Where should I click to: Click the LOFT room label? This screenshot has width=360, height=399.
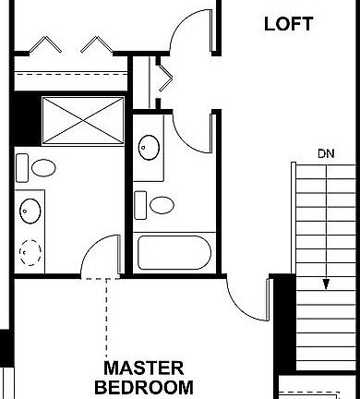pos(287,24)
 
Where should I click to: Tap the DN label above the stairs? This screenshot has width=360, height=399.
pos(324,153)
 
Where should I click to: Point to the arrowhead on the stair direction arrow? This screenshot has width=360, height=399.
pos(325,284)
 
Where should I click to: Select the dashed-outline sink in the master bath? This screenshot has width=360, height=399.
pos(31,249)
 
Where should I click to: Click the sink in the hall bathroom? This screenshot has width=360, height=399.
pos(149,146)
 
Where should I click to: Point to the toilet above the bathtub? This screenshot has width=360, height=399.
pos(160,204)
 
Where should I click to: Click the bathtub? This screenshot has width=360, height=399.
pos(175,252)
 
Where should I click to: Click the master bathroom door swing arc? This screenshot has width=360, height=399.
pos(95,258)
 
